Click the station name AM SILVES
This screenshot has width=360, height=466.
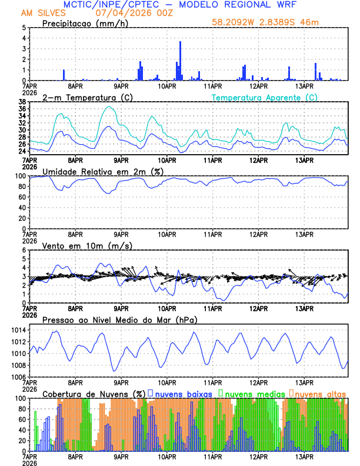point(43,13)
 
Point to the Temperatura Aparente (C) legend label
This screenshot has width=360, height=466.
point(264,97)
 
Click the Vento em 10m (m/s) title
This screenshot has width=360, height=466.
point(86,245)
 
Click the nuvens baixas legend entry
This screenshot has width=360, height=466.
point(182,393)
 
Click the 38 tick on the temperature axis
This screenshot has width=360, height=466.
point(21,102)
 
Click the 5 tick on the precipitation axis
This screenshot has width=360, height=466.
point(23,28)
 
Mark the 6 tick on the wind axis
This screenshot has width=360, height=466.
point(23,250)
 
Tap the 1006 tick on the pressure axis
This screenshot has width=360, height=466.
point(18,377)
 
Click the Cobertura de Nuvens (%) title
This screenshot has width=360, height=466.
point(94,394)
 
